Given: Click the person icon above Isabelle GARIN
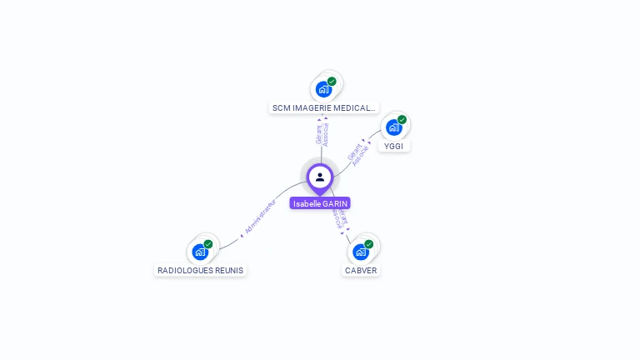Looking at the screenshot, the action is click(x=320, y=177).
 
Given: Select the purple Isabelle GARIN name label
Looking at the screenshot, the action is click(x=320, y=203).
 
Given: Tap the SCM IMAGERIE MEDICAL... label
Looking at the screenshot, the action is click(x=323, y=107).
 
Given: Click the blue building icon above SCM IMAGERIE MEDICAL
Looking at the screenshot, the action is click(x=323, y=89).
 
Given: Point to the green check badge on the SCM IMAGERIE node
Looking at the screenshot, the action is click(x=332, y=82).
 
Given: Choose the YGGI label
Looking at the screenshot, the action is click(x=393, y=146).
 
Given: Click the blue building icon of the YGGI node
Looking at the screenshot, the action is click(x=393, y=127).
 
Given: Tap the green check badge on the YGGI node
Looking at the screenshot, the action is click(x=402, y=120).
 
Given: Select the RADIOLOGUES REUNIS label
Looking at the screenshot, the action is click(x=200, y=270).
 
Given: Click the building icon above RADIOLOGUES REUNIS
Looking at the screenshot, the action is click(x=200, y=252).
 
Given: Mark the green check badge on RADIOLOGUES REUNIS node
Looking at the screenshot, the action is click(x=208, y=244).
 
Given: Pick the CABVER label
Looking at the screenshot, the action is click(x=361, y=270).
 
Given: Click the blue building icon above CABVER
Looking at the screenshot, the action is click(x=361, y=252).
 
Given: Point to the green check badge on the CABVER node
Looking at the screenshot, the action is click(x=369, y=244).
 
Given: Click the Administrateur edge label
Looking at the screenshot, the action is click(x=259, y=217).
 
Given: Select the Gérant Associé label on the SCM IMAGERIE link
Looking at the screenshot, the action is click(x=322, y=134).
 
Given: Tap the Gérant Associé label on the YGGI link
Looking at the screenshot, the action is click(x=357, y=154).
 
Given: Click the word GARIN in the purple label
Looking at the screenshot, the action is click(x=334, y=203).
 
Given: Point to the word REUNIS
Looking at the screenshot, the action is click(x=227, y=270).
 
